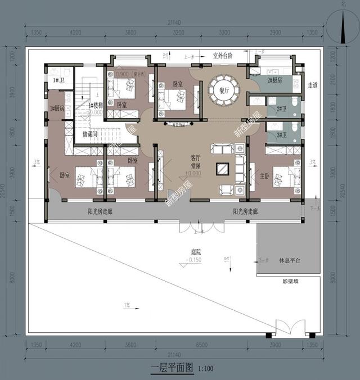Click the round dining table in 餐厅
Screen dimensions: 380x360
223,91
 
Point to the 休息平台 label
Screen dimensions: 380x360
290,260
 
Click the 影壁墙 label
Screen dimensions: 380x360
291,281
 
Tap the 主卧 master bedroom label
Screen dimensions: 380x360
265,175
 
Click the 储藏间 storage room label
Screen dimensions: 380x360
90,134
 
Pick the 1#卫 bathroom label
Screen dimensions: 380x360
58,80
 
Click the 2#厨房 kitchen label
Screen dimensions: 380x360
275,80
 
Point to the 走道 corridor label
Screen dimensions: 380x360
313,85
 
